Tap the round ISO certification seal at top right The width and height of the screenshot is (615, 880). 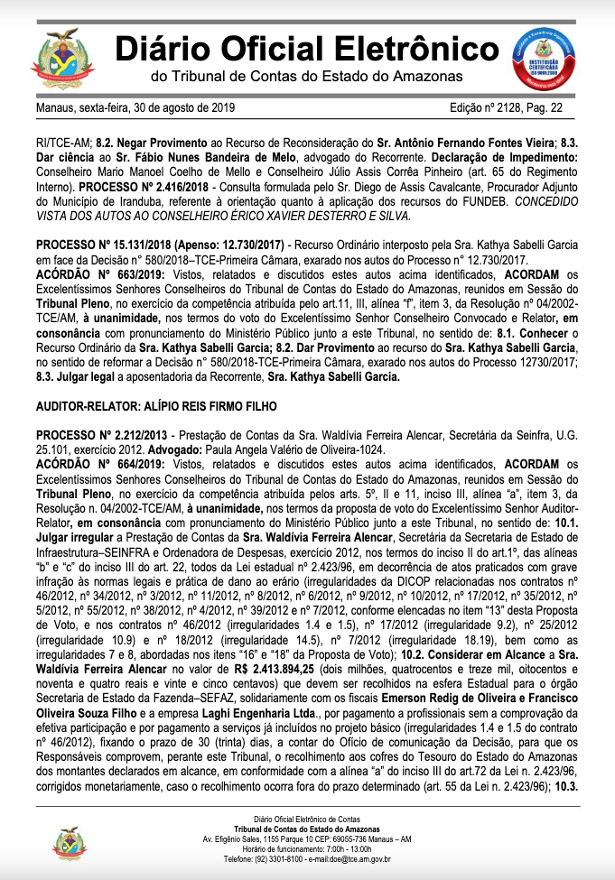click(x=544, y=57)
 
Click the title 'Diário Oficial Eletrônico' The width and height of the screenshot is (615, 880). click(x=306, y=47)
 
